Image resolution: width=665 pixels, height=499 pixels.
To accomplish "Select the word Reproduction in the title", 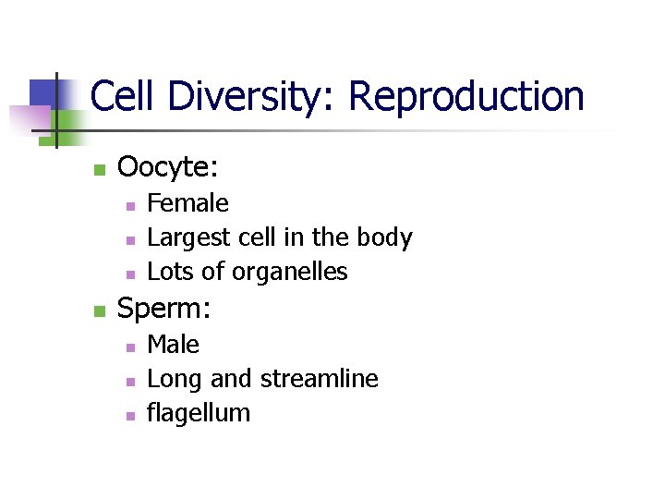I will [466, 96].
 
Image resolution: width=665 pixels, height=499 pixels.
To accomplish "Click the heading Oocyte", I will [168, 167].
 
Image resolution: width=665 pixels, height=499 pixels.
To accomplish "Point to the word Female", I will [188, 203].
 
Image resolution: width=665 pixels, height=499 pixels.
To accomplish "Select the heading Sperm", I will [164, 309].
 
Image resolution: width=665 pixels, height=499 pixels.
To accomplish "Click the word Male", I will [174, 345].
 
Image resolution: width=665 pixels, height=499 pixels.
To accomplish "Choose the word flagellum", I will [199, 413].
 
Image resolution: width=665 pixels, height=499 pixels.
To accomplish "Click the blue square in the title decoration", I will [46, 93].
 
